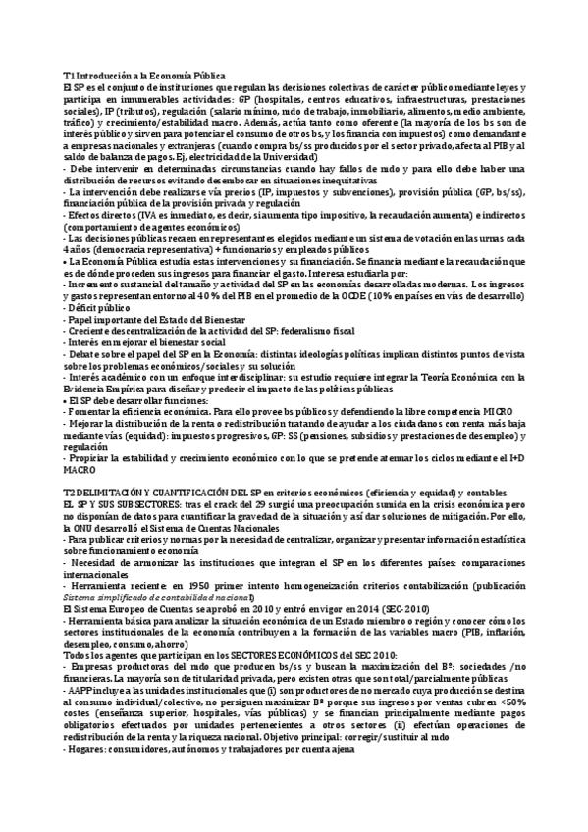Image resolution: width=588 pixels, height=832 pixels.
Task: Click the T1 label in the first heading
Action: pyautogui.click(x=68, y=76)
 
